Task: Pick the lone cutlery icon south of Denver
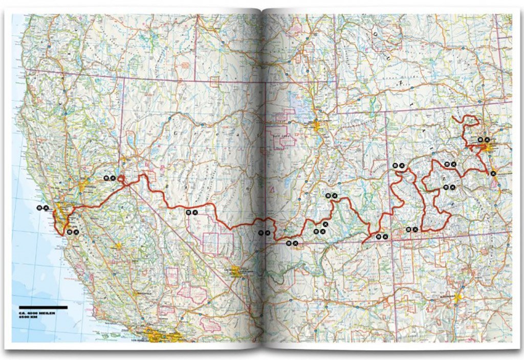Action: pos(493,174)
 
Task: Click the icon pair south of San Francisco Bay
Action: pos(73,232)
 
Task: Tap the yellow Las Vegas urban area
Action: pos(236,272)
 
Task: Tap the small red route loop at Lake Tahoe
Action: pos(122,178)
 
